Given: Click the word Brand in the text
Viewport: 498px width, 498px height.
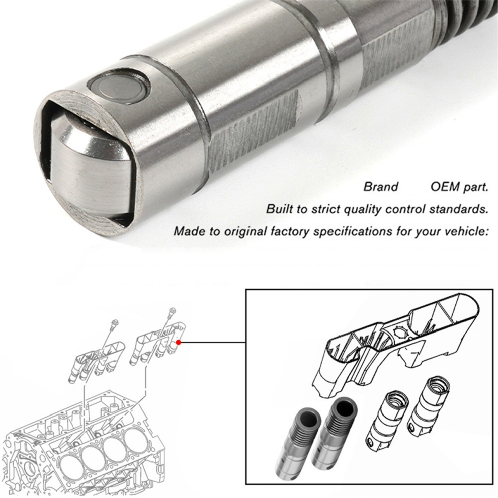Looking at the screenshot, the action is pyautogui.click(x=380, y=187).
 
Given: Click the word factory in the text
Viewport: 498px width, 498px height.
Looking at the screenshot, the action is pyautogui.click(x=289, y=231).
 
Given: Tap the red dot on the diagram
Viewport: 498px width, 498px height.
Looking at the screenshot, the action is pyautogui.click(x=179, y=343).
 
